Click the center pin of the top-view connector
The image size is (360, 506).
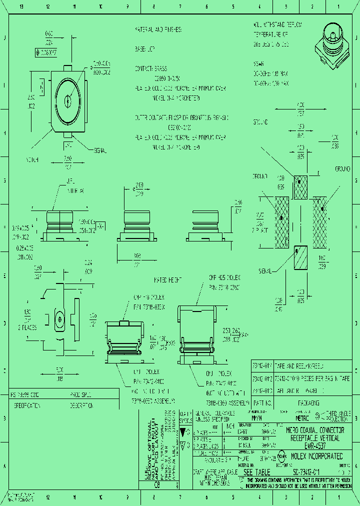click(67, 100)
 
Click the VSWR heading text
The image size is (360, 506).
click(259, 64)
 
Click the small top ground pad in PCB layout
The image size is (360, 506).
click(300, 187)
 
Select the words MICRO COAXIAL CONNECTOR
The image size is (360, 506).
click(314, 430)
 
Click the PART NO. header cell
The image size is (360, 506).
click(262, 402)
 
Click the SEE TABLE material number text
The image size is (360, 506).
click(256, 472)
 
